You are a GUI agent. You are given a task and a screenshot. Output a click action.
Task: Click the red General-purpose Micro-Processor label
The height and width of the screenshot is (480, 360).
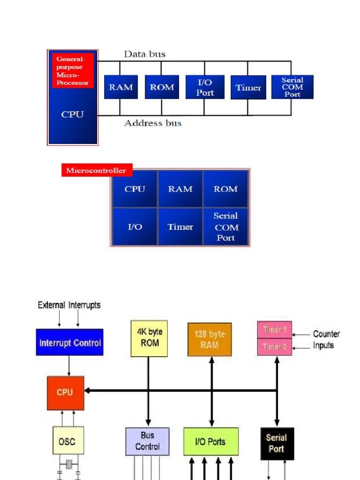coord(73,70)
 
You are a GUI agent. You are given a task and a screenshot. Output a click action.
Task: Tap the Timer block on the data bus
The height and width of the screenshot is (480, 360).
coord(248,87)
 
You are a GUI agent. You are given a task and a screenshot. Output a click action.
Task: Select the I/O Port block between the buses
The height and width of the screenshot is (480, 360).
coord(205,87)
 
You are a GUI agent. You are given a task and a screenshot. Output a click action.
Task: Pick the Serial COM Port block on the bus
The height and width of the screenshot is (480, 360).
coord(292,87)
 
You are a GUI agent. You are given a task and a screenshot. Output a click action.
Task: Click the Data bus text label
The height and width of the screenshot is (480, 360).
coord(144,54)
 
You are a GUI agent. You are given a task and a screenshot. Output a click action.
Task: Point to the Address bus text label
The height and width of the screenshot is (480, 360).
coord(152,123)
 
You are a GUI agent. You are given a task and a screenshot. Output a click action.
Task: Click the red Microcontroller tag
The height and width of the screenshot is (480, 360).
coord(96,170)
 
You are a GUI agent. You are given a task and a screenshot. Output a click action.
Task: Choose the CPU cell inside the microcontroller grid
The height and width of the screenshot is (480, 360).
coord(135,189)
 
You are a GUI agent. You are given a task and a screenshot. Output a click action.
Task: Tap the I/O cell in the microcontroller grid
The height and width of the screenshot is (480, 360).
coord(135,227)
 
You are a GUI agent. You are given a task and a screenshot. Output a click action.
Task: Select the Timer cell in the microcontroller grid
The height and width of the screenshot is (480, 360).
coord(180,227)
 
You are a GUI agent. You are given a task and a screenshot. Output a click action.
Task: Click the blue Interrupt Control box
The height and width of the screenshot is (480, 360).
coord(69,343)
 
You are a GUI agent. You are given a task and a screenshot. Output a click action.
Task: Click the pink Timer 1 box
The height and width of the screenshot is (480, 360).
coord(275,330)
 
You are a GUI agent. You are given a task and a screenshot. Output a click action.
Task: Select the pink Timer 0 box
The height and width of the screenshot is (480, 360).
coord(275,347)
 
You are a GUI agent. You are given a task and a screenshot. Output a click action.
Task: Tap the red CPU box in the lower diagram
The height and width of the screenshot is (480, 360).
coord(66,392)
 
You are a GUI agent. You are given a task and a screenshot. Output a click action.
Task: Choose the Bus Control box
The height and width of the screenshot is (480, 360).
coord(147,441)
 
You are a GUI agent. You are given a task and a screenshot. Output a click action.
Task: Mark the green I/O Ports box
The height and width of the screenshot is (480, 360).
coord(210,442)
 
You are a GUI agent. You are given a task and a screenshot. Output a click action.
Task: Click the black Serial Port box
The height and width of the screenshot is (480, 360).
coord(277,443)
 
